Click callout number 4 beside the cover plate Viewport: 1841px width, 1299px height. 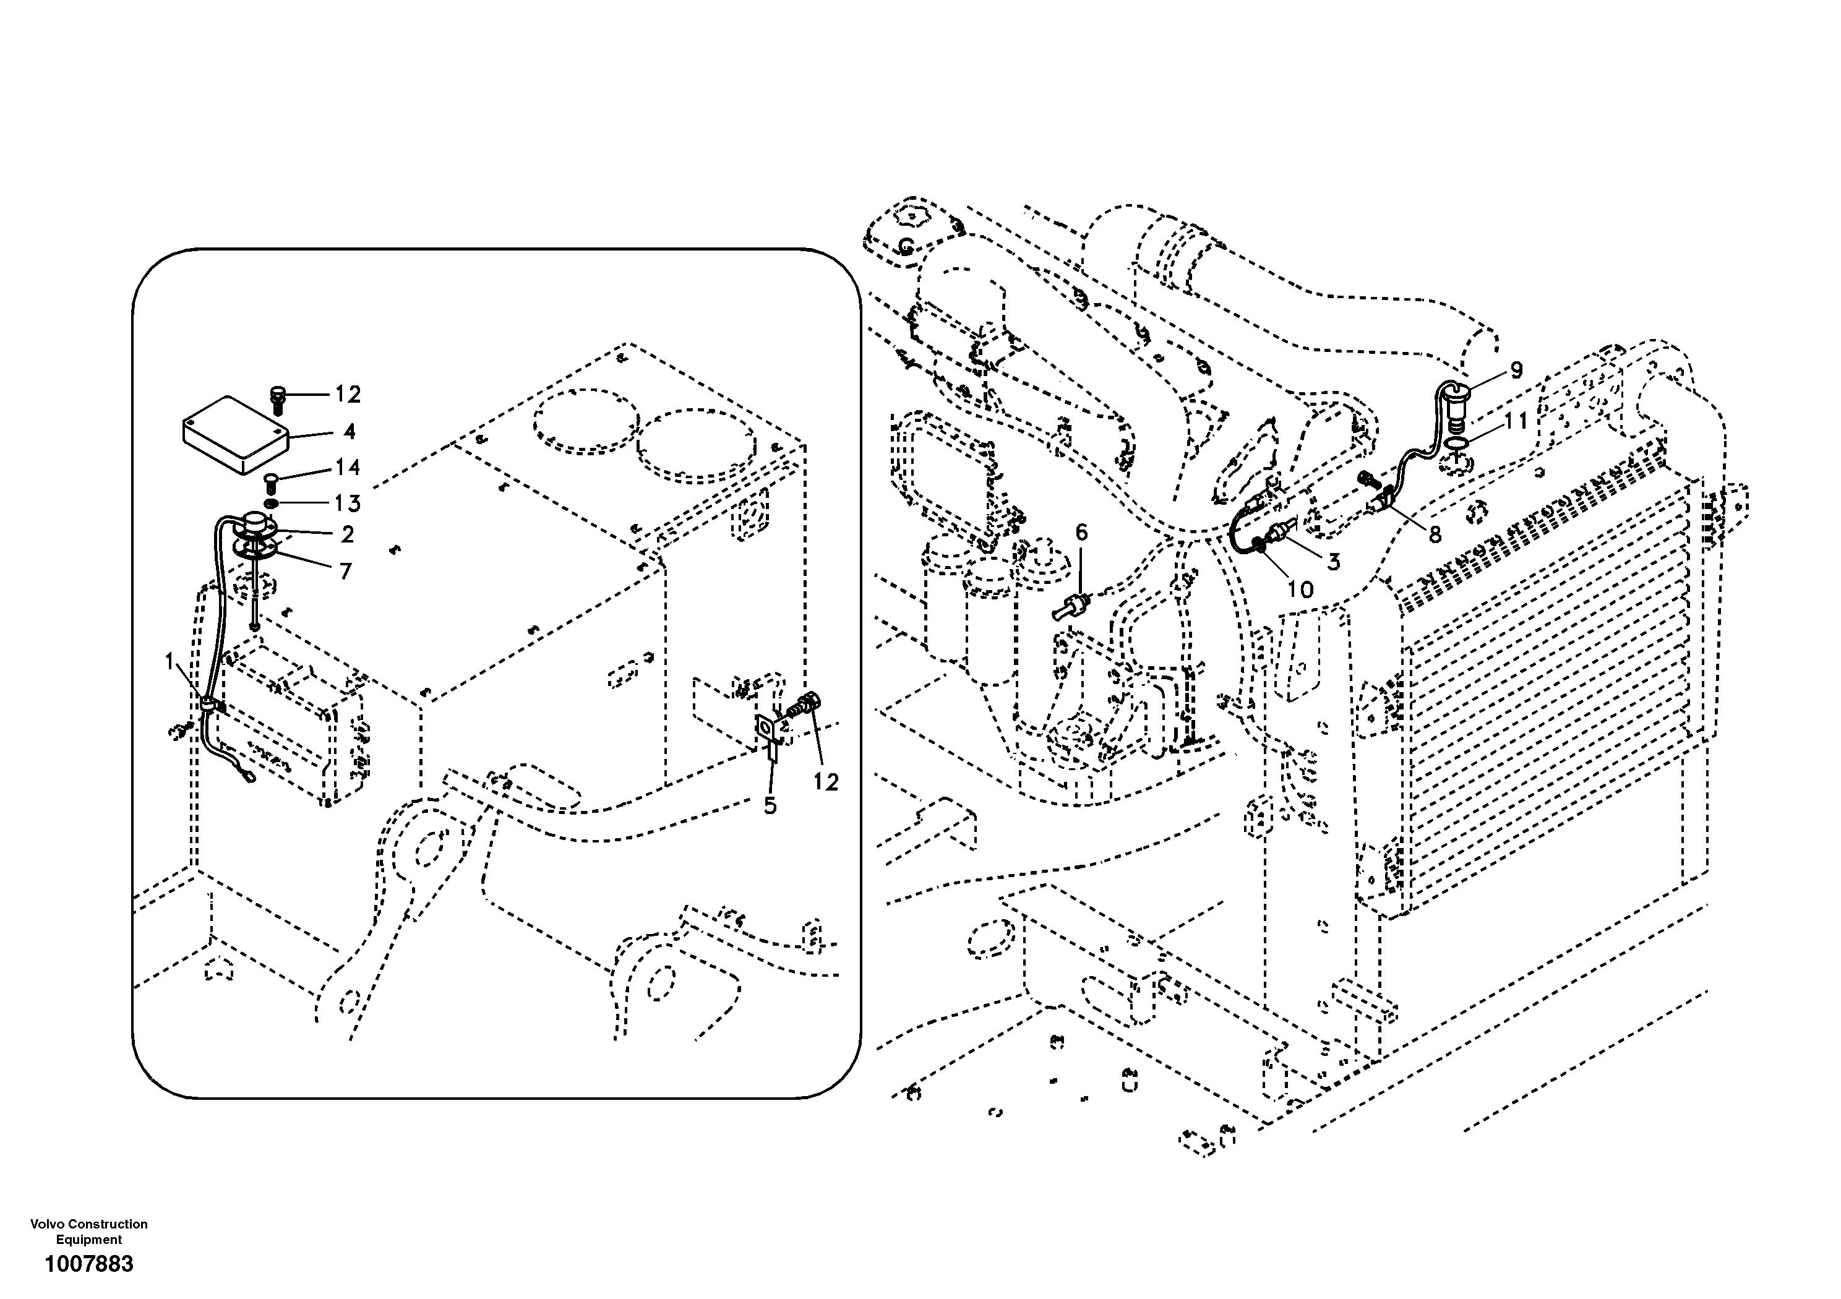click(x=349, y=432)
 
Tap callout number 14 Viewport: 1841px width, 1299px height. click(x=347, y=468)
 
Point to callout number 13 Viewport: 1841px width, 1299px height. click(x=347, y=504)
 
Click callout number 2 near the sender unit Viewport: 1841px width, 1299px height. click(x=347, y=534)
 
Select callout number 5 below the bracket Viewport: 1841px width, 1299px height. click(x=770, y=806)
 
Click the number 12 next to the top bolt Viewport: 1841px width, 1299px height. click(x=347, y=395)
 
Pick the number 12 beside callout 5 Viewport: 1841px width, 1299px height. click(x=825, y=782)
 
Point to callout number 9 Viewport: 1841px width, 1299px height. click(x=1516, y=371)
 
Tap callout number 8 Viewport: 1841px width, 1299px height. click(x=1434, y=533)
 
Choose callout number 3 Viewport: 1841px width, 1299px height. click(x=1332, y=562)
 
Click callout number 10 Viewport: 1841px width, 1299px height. click(x=1300, y=589)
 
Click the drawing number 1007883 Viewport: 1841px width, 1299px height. click(x=89, y=1264)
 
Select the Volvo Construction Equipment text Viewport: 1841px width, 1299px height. click(x=89, y=1232)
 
